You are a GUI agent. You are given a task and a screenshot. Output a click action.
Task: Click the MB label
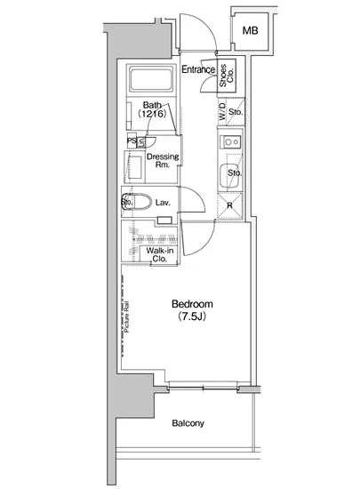pos(251,30)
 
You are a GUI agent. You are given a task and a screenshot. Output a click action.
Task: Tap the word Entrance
pos(198,69)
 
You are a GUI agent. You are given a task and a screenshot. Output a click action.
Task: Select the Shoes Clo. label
pos(227,76)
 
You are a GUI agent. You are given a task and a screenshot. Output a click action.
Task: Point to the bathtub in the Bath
pos(151,79)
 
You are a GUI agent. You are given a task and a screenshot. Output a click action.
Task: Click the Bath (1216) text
pos(152,109)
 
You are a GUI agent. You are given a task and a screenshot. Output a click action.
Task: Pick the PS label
pos(132,141)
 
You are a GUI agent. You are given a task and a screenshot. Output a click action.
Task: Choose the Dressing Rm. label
pos(163,160)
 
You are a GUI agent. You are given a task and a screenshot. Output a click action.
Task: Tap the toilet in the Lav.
pos(136,202)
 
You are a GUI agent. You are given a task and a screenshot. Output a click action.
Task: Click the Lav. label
pos(163,203)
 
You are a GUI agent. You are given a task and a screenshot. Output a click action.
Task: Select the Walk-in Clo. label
pos(160,254)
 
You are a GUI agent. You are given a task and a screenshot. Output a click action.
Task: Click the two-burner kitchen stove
pos(231,142)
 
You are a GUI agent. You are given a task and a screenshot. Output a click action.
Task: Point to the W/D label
pos(222,112)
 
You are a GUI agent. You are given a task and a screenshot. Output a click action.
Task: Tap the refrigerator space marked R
pos(230,205)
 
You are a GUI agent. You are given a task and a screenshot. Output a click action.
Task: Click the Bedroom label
pos(192,304)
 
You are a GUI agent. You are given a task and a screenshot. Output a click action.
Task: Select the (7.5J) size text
pos(192,317)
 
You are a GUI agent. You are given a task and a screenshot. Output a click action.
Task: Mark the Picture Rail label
pos(126,317)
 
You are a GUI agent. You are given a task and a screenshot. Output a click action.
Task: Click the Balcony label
pos(188,423)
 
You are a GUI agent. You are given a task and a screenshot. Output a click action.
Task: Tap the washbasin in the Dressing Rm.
pos(135,167)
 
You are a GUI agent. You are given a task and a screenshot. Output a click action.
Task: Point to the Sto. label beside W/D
pos(236,112)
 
